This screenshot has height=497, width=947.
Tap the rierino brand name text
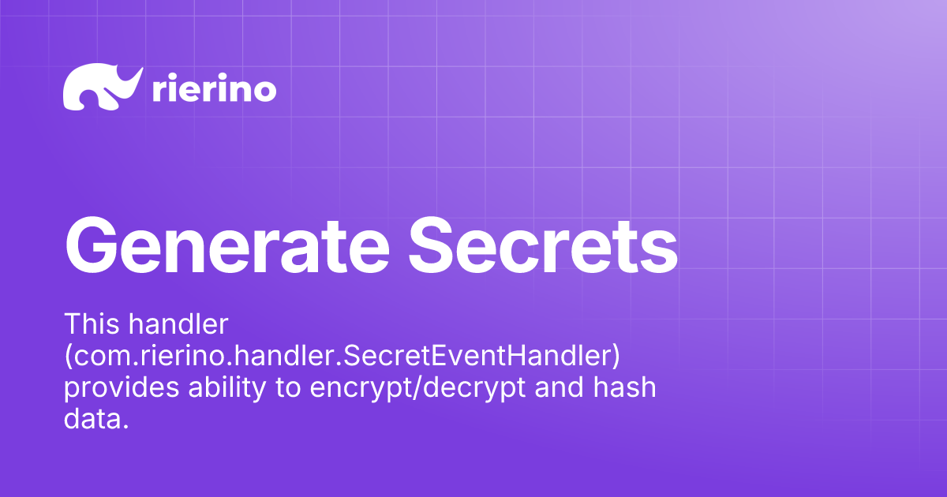(x=213, y=90)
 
